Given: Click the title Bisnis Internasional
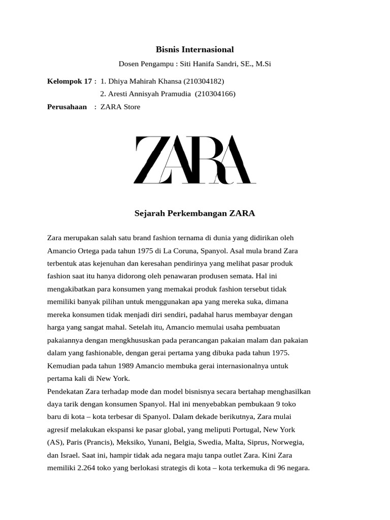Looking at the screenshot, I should click(x=194, y=50).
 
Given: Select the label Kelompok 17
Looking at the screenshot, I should click(x=70, y=81).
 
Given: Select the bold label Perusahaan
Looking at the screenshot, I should click(x=67, y=107).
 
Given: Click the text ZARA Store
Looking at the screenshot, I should click(x=120, y=107).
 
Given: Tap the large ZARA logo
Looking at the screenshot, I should click(x=194, y=159).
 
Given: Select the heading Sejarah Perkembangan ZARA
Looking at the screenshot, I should click(x=194, y=213).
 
